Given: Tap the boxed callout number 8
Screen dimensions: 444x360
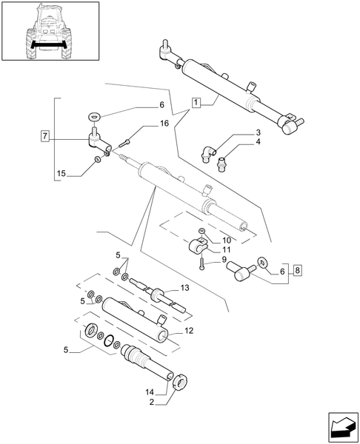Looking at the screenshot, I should click(297, 272).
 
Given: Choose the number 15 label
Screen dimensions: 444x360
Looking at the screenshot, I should click(61, 175).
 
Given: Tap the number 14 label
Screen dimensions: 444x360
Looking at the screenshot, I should click(150, 391).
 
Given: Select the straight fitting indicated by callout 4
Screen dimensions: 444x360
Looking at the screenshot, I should click(221, 159).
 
